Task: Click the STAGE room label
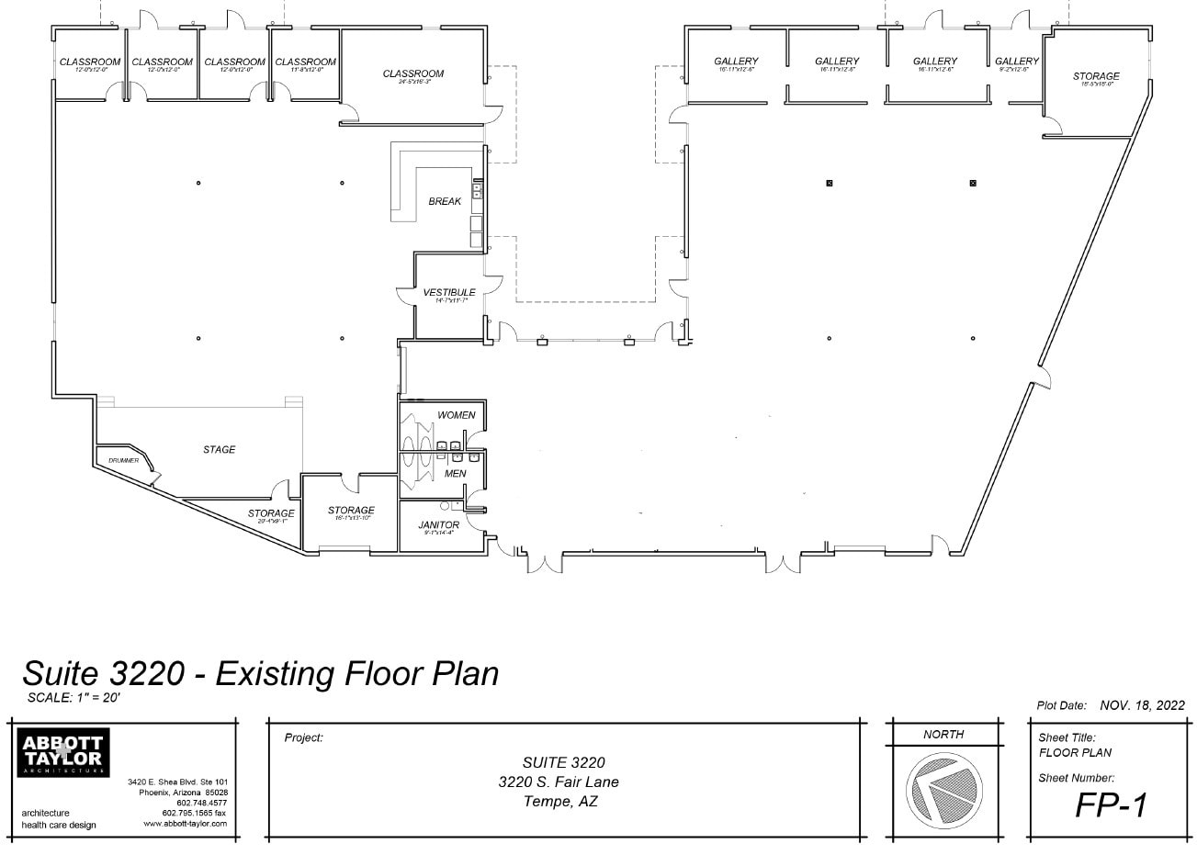coord(219,449)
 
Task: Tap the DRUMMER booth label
coord(123,460)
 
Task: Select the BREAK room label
coord(445,201)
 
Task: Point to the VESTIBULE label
coord(449,293)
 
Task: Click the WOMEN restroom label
coord(456,415)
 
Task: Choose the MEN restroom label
coord(455,474)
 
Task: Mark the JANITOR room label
coord(438,525)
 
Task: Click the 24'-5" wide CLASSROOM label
coord(413,73)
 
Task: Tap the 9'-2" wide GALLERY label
coord(1016,62)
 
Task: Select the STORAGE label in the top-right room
coord(1096,76)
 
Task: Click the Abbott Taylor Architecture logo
coord(62,752)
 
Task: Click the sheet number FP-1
coord(1112,804)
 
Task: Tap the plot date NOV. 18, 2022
coord(1142,705)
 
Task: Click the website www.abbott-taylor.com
coord(185,824)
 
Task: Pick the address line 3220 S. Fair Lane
coord(559,782)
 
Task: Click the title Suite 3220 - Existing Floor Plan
coord(260,673)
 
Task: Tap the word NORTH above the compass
coord(943,734)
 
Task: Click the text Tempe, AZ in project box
coord(560,801)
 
